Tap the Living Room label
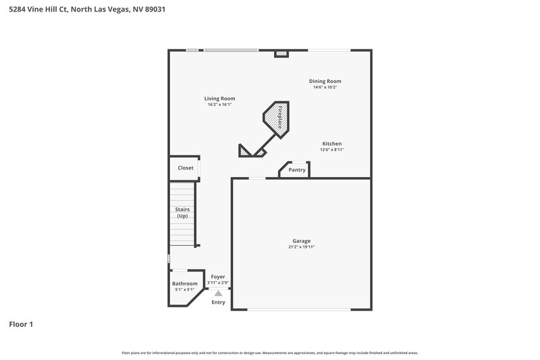(219, 99)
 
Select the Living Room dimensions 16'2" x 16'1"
(219, 105)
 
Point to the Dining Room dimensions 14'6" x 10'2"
(325, 87)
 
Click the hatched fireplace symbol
(276, 118)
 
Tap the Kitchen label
(331, 144)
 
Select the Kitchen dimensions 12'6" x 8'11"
(331, 150)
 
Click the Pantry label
(297, 170)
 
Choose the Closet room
(185, 168)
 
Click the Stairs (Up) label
(182, 213)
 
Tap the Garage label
(301, 241)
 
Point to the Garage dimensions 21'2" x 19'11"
(301, 247)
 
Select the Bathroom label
(184, 284)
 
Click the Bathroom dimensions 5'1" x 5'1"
(184, 290)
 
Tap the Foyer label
(218, 277)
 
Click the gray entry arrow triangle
(218, 293)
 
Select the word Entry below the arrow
(218, 303)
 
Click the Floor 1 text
(21, 325)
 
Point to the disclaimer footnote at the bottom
(269, 353)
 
